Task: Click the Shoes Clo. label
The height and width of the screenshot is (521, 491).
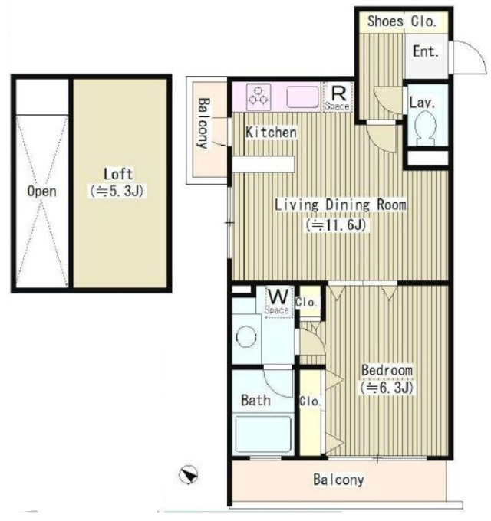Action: click(x=401, y=21)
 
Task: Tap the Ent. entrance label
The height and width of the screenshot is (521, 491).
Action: click(x=426, y=51)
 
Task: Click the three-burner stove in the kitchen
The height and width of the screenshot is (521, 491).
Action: click(x=259, y=97)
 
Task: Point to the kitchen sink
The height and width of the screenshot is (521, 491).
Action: click(x=303, y=97)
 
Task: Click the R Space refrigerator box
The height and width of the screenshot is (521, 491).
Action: click(x=338, y=97)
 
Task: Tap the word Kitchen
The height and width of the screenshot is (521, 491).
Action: click(x=271, y=133)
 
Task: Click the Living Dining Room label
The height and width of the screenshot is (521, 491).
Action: click(x=341, y=205)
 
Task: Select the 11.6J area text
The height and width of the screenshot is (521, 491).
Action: click(x=336, y=225)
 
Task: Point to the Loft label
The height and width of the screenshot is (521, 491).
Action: click(x=118, y=174)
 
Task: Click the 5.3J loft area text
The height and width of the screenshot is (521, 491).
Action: click(x=117, y=191)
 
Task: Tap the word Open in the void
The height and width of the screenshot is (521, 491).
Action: click(x=41, y=192)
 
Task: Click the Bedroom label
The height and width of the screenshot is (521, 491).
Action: click(x=387, y=370)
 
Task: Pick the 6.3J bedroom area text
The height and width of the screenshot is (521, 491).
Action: click(x=387, y=388)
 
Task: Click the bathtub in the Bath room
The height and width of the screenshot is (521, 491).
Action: click(x=263, y=434)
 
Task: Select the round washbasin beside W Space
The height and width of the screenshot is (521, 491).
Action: click(x=246, y=337)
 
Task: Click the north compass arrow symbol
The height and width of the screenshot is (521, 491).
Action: click(x=188, y=474)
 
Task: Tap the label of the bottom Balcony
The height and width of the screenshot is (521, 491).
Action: click(x=338, y=480)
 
